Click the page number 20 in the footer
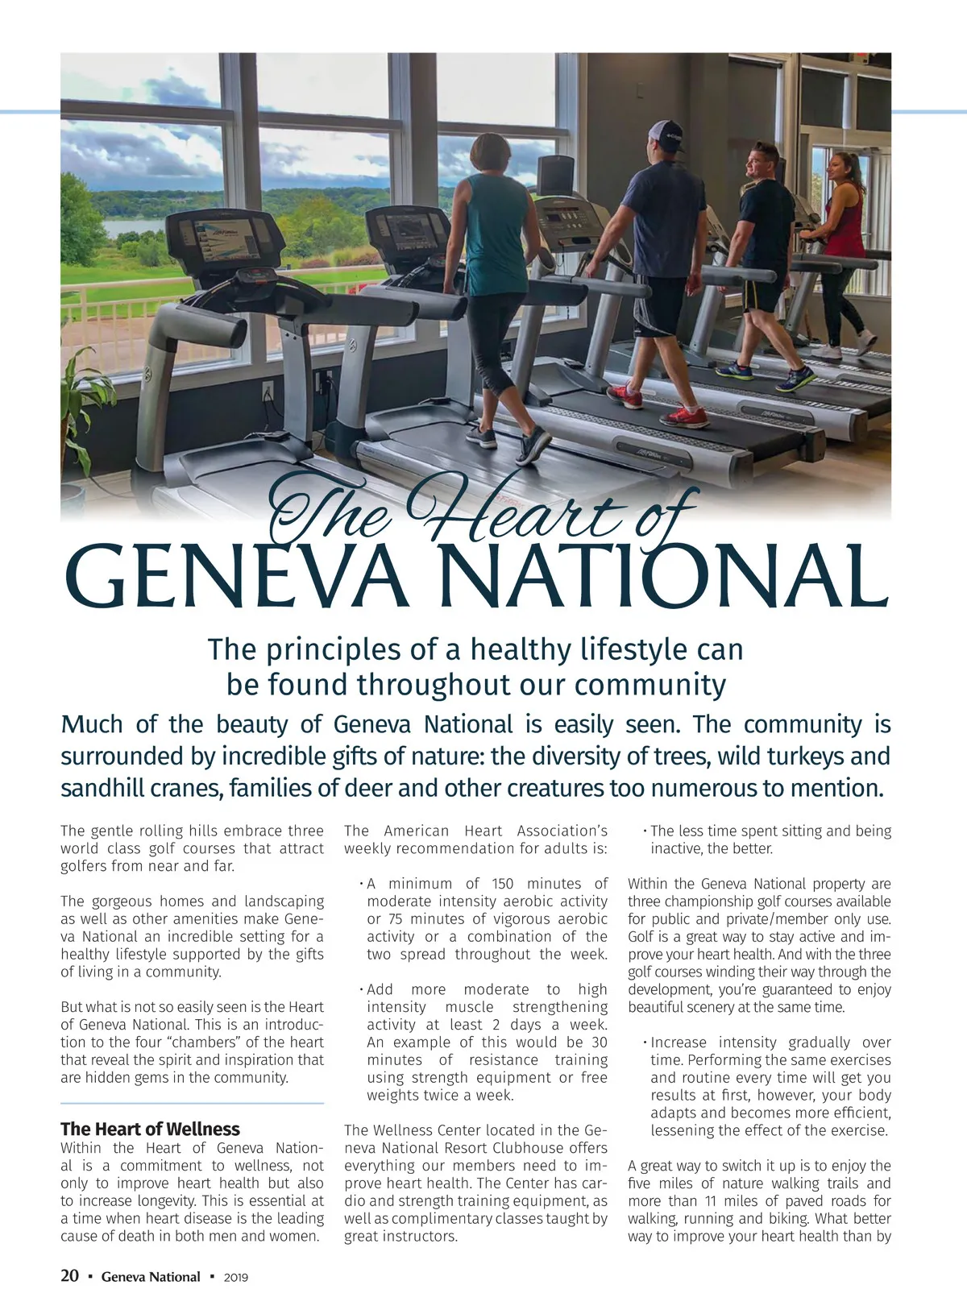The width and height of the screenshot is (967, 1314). [x=70, y=1276]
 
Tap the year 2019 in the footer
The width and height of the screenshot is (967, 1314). [x=235, y=1277]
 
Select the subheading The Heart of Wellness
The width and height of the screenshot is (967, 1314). [x=150, y=1129]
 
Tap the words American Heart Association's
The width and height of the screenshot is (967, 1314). [x=496, y=831]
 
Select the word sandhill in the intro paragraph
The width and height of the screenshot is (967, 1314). [x=102, y=787]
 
